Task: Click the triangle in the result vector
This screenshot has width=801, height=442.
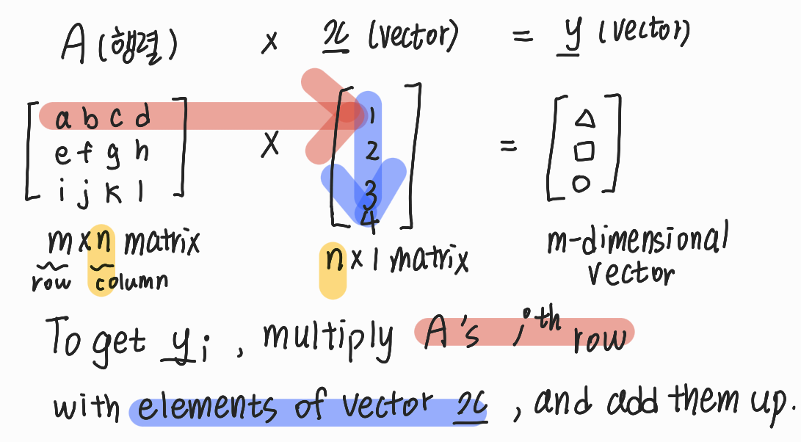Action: [585, 117]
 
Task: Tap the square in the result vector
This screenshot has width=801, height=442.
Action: [584, 151]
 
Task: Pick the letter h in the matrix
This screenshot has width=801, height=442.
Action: [142, 151]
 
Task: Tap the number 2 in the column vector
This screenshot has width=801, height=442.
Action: [371, 151]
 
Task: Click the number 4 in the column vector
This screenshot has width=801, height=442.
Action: [371, 221]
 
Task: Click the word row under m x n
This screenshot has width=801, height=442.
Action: [51, 282]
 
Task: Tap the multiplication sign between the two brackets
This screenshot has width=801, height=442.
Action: [270, 146]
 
